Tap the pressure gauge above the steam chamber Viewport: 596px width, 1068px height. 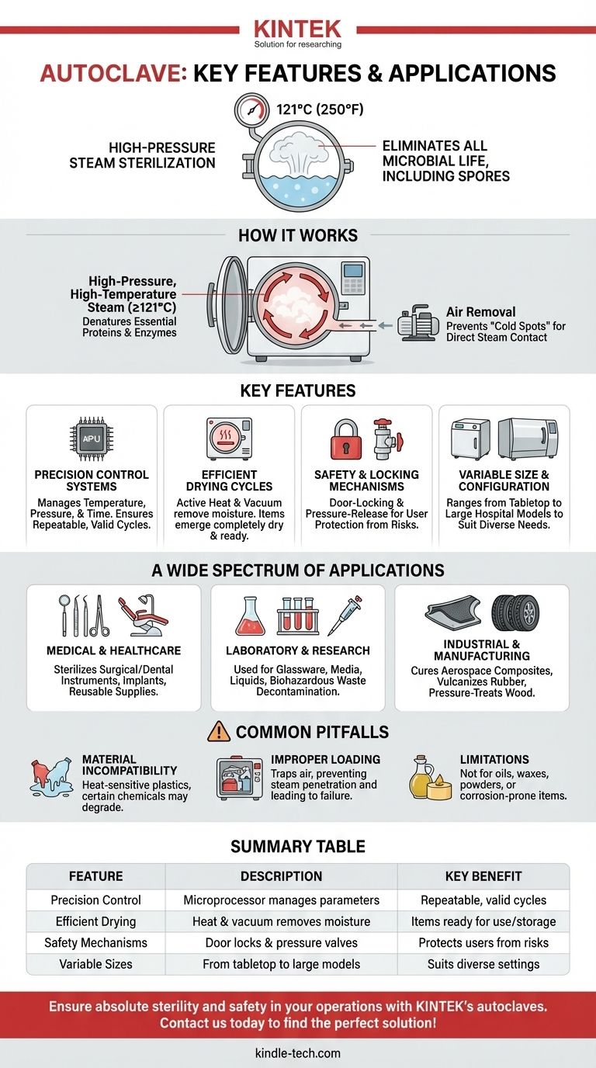[251, 110]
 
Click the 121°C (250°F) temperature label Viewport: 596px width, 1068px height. [320, 109]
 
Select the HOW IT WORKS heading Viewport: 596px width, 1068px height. [298, 235]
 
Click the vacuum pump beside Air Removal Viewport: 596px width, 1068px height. [418, 322]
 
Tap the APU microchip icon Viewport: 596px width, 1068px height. [92, 439]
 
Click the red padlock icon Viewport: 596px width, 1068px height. [345, 439]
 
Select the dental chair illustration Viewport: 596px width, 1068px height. [143, 615]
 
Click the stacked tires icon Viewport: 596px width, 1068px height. [516, 613]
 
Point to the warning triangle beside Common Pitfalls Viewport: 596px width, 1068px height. [219, 731]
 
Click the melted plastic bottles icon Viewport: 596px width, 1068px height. [50, 777]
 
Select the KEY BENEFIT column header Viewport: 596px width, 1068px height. [483, 876]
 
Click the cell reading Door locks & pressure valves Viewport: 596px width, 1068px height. [281, 942]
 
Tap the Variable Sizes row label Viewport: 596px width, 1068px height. [95, 963]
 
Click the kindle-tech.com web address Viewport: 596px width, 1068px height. [298, 1052]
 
